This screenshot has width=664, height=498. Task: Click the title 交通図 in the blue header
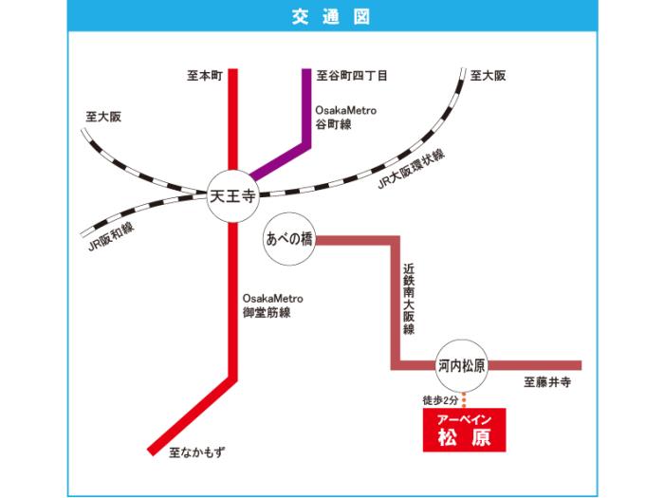tap(332, 18)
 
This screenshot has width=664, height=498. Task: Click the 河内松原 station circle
tap(462, 364)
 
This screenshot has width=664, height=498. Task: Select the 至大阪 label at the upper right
tap(488, 74)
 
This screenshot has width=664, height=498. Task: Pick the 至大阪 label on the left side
tap(103, 117)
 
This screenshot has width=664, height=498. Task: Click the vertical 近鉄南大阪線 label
tap(409, 300)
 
